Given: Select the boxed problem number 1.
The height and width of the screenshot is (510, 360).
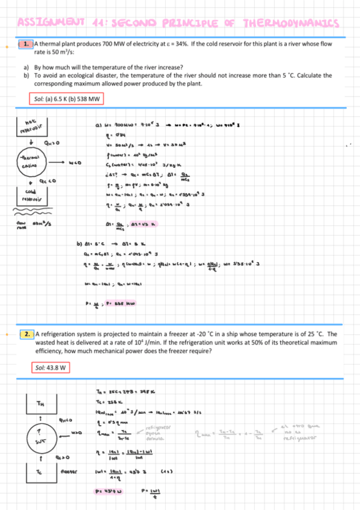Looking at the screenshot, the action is (25, 45).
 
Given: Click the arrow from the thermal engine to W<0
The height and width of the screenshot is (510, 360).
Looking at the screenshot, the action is (56, 162).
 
